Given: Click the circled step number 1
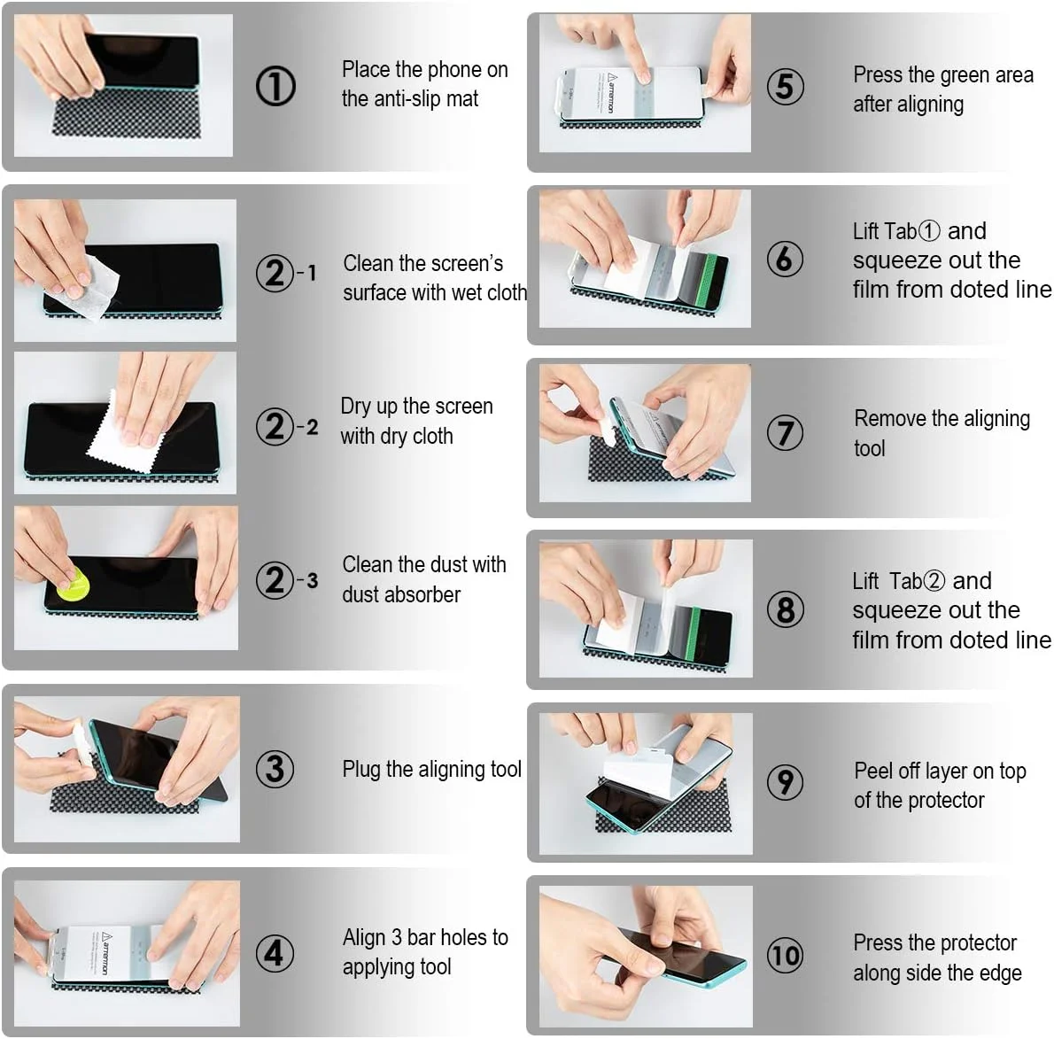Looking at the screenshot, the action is pyautogui.click(x=275, y=86).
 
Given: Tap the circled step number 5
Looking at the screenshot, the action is pyautogui.click(x=785, y=87).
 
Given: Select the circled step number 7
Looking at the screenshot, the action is pyautogui.click(x=785, y=432).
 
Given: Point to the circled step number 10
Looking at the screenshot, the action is pyautogui.click(x=785, y=955).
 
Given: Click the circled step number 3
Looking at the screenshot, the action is pyautogui.click(x=275, y=769).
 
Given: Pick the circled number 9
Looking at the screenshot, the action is pyautogui.click(x=785, y=782).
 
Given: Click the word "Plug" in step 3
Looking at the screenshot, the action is pyautogui.click(x=361, y=770).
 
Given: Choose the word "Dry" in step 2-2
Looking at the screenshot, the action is pyautogui.click(x=355, y=407).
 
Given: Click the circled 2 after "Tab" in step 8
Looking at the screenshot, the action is pyautogui.click(x=935, y=581).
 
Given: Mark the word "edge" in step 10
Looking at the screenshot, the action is pyautogui.click(x=1000, y=973).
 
